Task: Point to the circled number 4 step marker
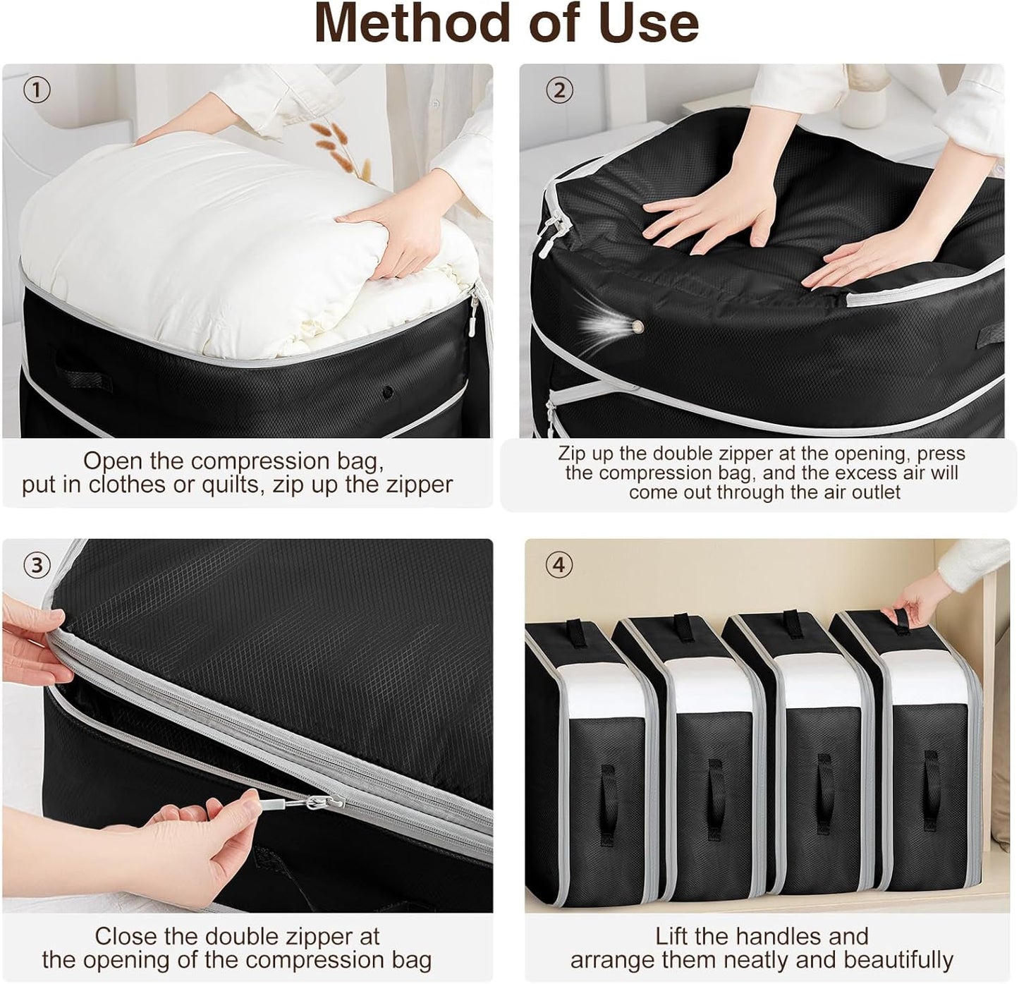tap(559, 565)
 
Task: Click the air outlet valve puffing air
tap(637, 326)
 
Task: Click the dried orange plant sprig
tap(343, 150)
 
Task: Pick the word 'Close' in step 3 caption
tap(127, 937)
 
